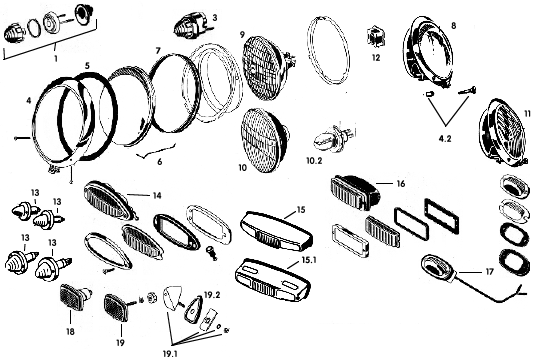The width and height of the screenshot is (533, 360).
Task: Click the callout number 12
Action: coord(376,57)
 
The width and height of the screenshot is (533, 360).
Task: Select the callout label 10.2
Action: coord(314,160)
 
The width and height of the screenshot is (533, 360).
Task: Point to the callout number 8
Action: coord(454,25)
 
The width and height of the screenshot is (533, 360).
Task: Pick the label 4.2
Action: coord(445,138)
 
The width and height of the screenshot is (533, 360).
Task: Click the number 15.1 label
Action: coord(309,260)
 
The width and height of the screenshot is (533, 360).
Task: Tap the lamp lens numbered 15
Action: coord(276,230)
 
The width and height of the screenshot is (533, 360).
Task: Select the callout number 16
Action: coord(401,184)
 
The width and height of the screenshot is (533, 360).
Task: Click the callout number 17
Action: coord(489,272)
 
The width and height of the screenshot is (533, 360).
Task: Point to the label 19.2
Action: coord(212,294)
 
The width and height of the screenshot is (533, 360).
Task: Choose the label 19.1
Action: coord(170,354)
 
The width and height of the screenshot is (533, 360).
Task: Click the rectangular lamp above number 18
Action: coord(76,297)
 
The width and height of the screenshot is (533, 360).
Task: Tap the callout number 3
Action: coord(215,17)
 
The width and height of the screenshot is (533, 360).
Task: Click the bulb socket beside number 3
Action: coord(189,24)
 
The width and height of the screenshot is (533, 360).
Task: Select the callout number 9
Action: coord(242,35)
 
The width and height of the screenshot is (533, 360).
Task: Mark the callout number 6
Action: coord(159,162)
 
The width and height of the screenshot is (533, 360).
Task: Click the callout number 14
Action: coord(157,196)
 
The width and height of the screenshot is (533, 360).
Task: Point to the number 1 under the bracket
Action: coord(56,58)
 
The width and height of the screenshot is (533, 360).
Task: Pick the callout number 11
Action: coord(528,114)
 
